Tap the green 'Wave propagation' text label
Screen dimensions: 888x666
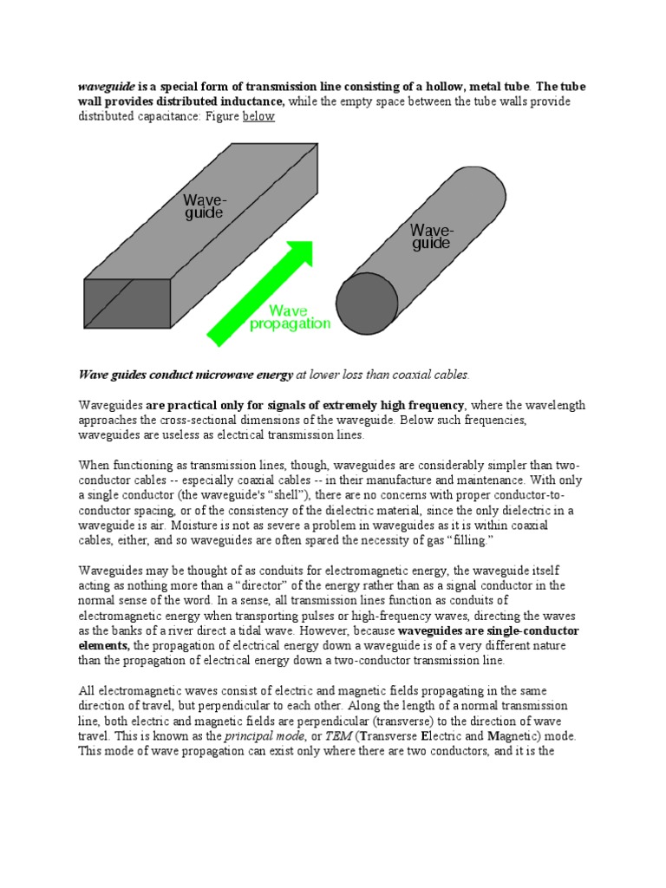pos(290,317)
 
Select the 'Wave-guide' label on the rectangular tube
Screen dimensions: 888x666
pos(204,206)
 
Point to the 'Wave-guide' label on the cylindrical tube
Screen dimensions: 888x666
pos(431,237)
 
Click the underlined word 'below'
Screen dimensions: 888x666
pos(258,116)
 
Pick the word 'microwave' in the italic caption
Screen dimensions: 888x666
pos(211,375)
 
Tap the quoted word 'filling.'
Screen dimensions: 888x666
pos(462,540)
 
